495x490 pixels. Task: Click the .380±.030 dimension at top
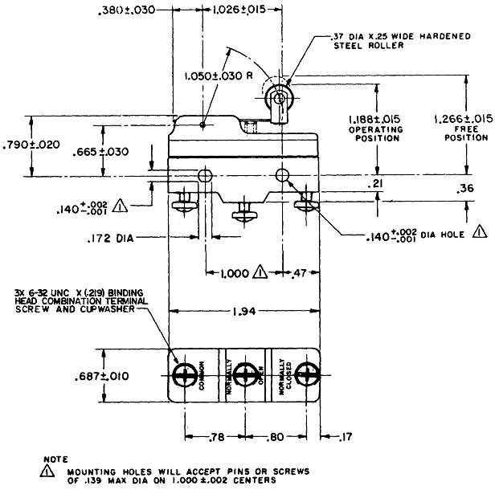pyautogui.click(x=127, y=10)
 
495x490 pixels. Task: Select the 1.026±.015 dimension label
pyautogui.click(x=239, y=10)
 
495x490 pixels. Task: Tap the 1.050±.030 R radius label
pyautogui.click(x=219, y=76)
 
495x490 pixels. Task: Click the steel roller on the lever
pyautogui.click(x=279, y=99)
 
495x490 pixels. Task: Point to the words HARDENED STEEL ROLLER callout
pyautogui.click(x=402, y=41)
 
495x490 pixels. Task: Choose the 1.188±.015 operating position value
pyautogui.click(x=374, y=119)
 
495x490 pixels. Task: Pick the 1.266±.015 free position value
pyautogui.click(x=464, y=119)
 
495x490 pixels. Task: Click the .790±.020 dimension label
pyautogui.click(x=31, y=145)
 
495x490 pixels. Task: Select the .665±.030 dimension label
pyautogui.click(x=100, y=152)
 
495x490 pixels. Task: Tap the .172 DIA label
pyautogui.click(x=110, y=239)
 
